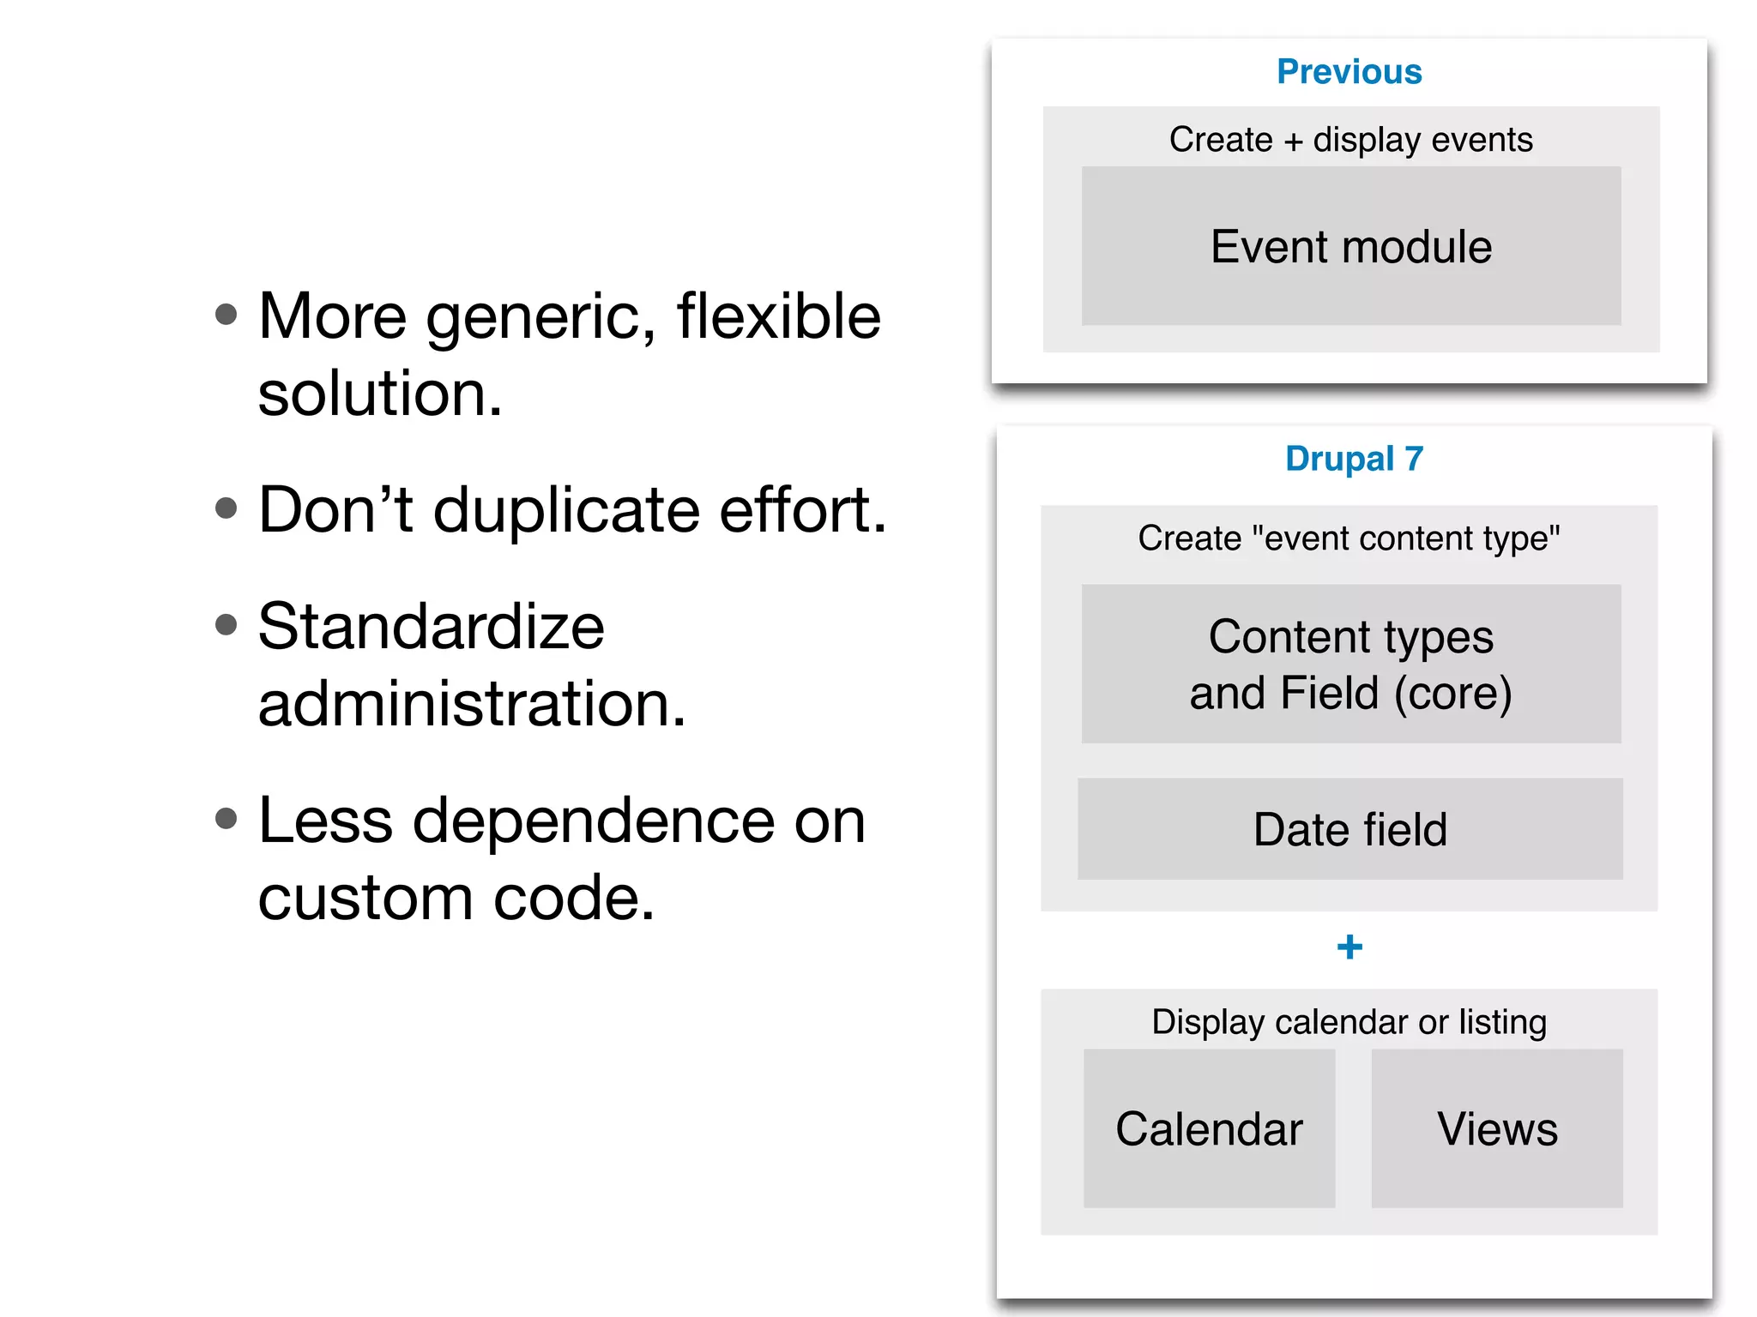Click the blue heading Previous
coord(1349,72)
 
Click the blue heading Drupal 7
coord(1353,459)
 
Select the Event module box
coord(1350,247)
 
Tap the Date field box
coord(1349,829)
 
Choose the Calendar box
coord(1209,1128)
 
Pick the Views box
coord(1497,1128)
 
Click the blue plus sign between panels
coord(1349,947)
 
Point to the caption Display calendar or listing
coord(1349,1022)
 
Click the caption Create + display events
coord(1350,140)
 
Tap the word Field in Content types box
coord(1329,693)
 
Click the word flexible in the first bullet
coord(778,316)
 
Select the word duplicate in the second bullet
coord(566,510)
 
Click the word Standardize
coord(431,627)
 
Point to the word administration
coord(471,704)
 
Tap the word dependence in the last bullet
coord(594,821)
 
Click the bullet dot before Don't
coord(226,508)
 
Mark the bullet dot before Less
coord(226,818)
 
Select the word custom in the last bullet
coord(365,899)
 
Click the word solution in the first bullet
coord(378,394)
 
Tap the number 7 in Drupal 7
coord(1414,459)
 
